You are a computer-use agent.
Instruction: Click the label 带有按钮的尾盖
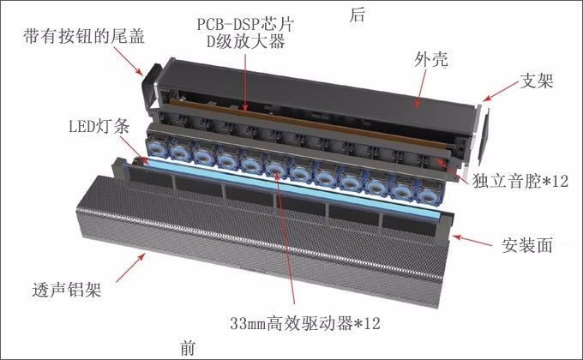click(84, 37)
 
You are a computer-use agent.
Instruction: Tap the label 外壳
click(431, 59)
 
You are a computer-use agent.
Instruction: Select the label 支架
click(536, 81)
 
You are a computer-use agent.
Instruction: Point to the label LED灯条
click(99, 127)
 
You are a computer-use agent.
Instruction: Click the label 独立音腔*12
click(520, 181)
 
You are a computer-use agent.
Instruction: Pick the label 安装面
click(527, 245)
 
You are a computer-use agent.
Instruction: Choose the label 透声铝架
click(67, 290)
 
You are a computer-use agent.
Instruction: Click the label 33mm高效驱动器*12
click(305, 323)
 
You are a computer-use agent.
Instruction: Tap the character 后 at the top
click(357, 15)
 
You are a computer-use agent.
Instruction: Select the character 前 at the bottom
click(188, 348)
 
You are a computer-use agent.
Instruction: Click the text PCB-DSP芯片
click(245, 24)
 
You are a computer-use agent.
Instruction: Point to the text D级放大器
click(246, 42)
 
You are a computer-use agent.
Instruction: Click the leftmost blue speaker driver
click(157, 148)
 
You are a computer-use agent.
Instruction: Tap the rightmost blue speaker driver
click(429, 195)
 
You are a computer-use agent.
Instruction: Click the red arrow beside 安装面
click(472, 241)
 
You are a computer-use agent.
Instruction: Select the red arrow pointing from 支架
click(501, 91)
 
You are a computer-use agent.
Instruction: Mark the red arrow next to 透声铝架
click(130, 267)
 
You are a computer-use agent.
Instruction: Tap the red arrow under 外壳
click(421, 89)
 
